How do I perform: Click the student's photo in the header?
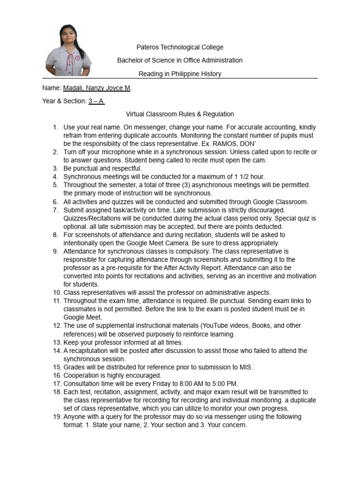(x=68, y=50)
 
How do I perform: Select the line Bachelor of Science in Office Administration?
(x=180, y=60)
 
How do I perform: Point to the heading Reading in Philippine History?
(x=180, y=74)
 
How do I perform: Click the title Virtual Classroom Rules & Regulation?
(x=180, y=114)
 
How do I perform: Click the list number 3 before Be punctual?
(x=55, y=168)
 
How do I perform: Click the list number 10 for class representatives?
(x=56, y=292)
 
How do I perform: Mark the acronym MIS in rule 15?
(x=246, y=367)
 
